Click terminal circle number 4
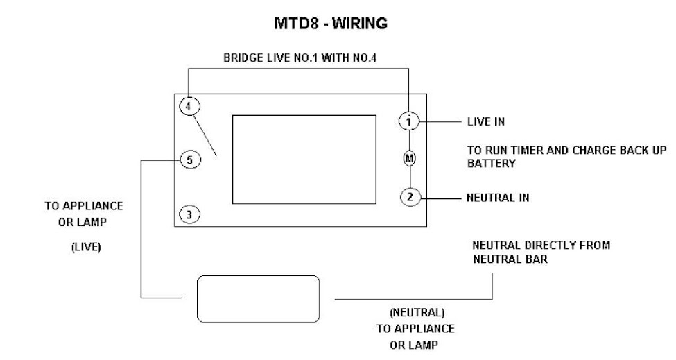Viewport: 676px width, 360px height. [x=189, y=106]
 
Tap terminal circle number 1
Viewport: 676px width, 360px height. [x=409, y=121]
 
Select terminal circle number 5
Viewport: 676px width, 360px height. [x=189, y=160]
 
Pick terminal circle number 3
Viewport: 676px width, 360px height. [x=189, y=214]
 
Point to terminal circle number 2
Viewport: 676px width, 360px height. [x=409, y=197]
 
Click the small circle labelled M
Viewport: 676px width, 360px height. [x=409, y=158]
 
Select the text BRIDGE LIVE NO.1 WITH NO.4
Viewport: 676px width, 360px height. [x=299, y=58]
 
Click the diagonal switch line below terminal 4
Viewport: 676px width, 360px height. [x=206, y=134]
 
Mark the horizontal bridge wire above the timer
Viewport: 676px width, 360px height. [x=299, y=69]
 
